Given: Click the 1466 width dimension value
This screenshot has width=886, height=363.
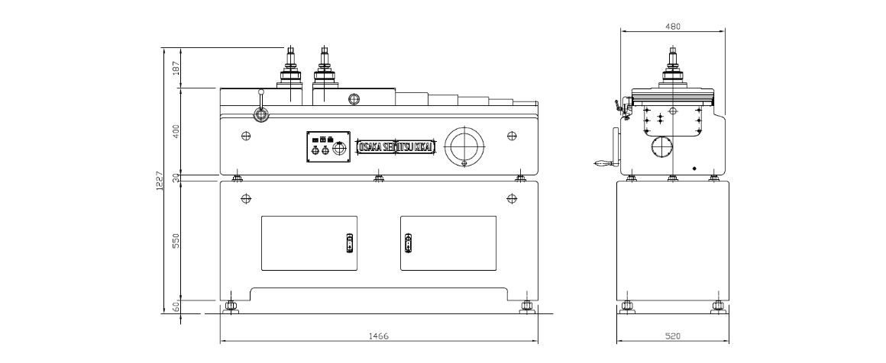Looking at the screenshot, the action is point(379,336).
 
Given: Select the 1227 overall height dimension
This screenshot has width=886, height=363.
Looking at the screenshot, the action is point(159,181).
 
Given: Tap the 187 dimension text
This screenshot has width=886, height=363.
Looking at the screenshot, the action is point(175,68).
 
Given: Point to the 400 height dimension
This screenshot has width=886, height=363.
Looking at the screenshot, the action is point(175,131).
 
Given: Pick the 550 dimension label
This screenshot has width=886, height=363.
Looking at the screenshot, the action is point(175,240).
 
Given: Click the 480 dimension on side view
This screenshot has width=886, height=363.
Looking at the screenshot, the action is point(672,26).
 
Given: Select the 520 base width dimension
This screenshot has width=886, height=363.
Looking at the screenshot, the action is point(672,336).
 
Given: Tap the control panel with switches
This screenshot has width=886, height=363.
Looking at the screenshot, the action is point(328,146).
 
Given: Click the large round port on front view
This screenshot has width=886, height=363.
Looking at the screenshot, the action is point(464,145).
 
